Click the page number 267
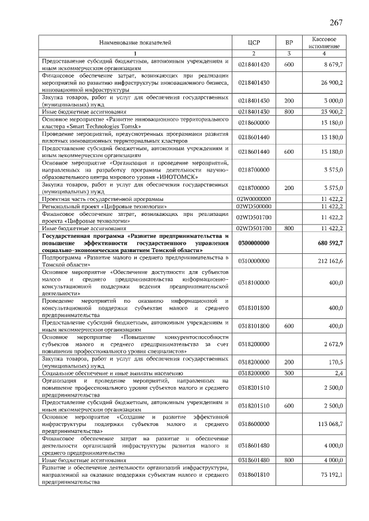click(336, 22)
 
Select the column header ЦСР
click(254, 43)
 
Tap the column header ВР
click(289, 43)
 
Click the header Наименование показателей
click(135, 43)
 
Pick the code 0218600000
click(254, 123)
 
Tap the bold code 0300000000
click(254, 244)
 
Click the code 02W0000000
click(254, 198)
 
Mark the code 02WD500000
click(254, 206)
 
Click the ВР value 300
click(289, 373)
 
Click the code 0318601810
click(254, 474)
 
